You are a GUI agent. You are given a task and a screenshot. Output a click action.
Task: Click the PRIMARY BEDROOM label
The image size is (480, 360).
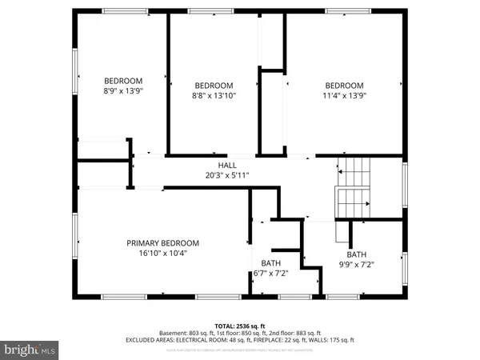coord(162,243)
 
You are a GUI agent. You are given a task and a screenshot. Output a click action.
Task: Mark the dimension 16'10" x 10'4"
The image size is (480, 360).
coord(162,254)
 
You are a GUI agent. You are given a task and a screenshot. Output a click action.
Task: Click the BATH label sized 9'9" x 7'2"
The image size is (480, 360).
coord(356,254)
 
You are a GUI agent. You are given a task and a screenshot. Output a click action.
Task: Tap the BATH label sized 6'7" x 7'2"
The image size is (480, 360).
coord(270,262)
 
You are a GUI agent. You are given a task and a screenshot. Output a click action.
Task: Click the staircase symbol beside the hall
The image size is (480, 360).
coord(353,190)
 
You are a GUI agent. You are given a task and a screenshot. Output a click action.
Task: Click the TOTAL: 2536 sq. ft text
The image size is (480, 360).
coord(239,326)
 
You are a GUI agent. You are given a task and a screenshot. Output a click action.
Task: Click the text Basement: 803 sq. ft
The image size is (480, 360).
coord(186,333)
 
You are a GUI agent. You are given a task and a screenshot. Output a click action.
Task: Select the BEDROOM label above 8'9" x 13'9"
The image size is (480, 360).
coord(123,81)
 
